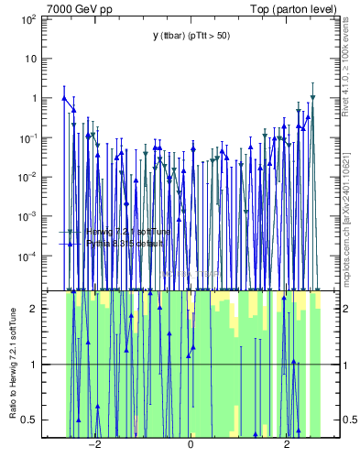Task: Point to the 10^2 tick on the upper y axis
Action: pos(27,18)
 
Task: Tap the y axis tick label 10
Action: pos(30,58)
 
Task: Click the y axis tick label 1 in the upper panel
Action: pos(33,98)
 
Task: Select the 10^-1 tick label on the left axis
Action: pos(27,137)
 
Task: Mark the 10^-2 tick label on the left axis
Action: pos(27,177)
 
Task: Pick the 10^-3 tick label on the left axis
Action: pos(27,216)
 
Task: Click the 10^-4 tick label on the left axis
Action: pos(27,256)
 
